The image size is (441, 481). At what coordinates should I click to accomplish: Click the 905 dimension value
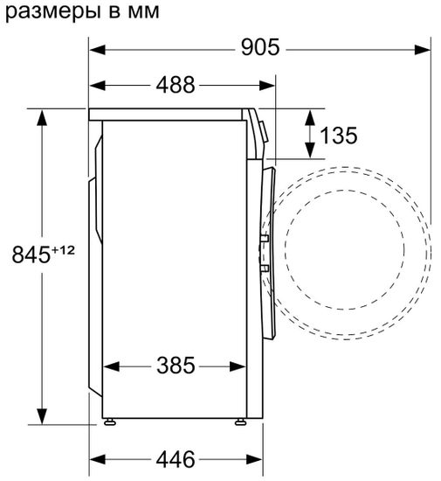(x=260, y=48)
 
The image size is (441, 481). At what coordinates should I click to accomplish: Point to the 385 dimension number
(x=176, y=366)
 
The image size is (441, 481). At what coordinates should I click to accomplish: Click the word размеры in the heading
(x=44, y=12)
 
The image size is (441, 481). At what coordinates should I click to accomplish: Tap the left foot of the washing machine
(x=109, y=422)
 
